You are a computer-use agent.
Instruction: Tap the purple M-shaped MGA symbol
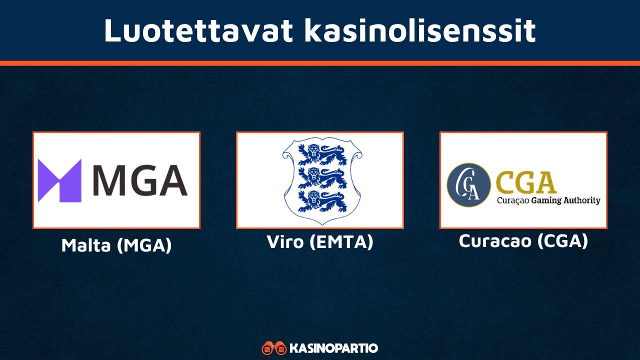tap(59, 180)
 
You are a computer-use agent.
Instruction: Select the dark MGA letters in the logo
tap(140, 180)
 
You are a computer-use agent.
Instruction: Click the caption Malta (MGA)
tap(116, 245)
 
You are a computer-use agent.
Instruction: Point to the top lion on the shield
tap(320, 155)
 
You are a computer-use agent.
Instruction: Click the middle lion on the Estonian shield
tap(320, 177)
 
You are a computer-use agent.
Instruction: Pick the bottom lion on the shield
tap(320, 200)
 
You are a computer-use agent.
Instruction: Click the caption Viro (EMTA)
tap(320, 242)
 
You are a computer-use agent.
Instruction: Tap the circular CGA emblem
tap(468, 185)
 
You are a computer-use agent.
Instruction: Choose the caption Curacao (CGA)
tap(523, 241)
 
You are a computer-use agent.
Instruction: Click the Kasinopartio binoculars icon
tap(274, 348)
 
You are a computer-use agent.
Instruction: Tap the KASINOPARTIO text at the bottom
tap(334, 348)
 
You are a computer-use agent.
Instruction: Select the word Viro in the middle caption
tap(285, 242)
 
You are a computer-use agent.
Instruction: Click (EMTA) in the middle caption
tap(341, 242)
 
